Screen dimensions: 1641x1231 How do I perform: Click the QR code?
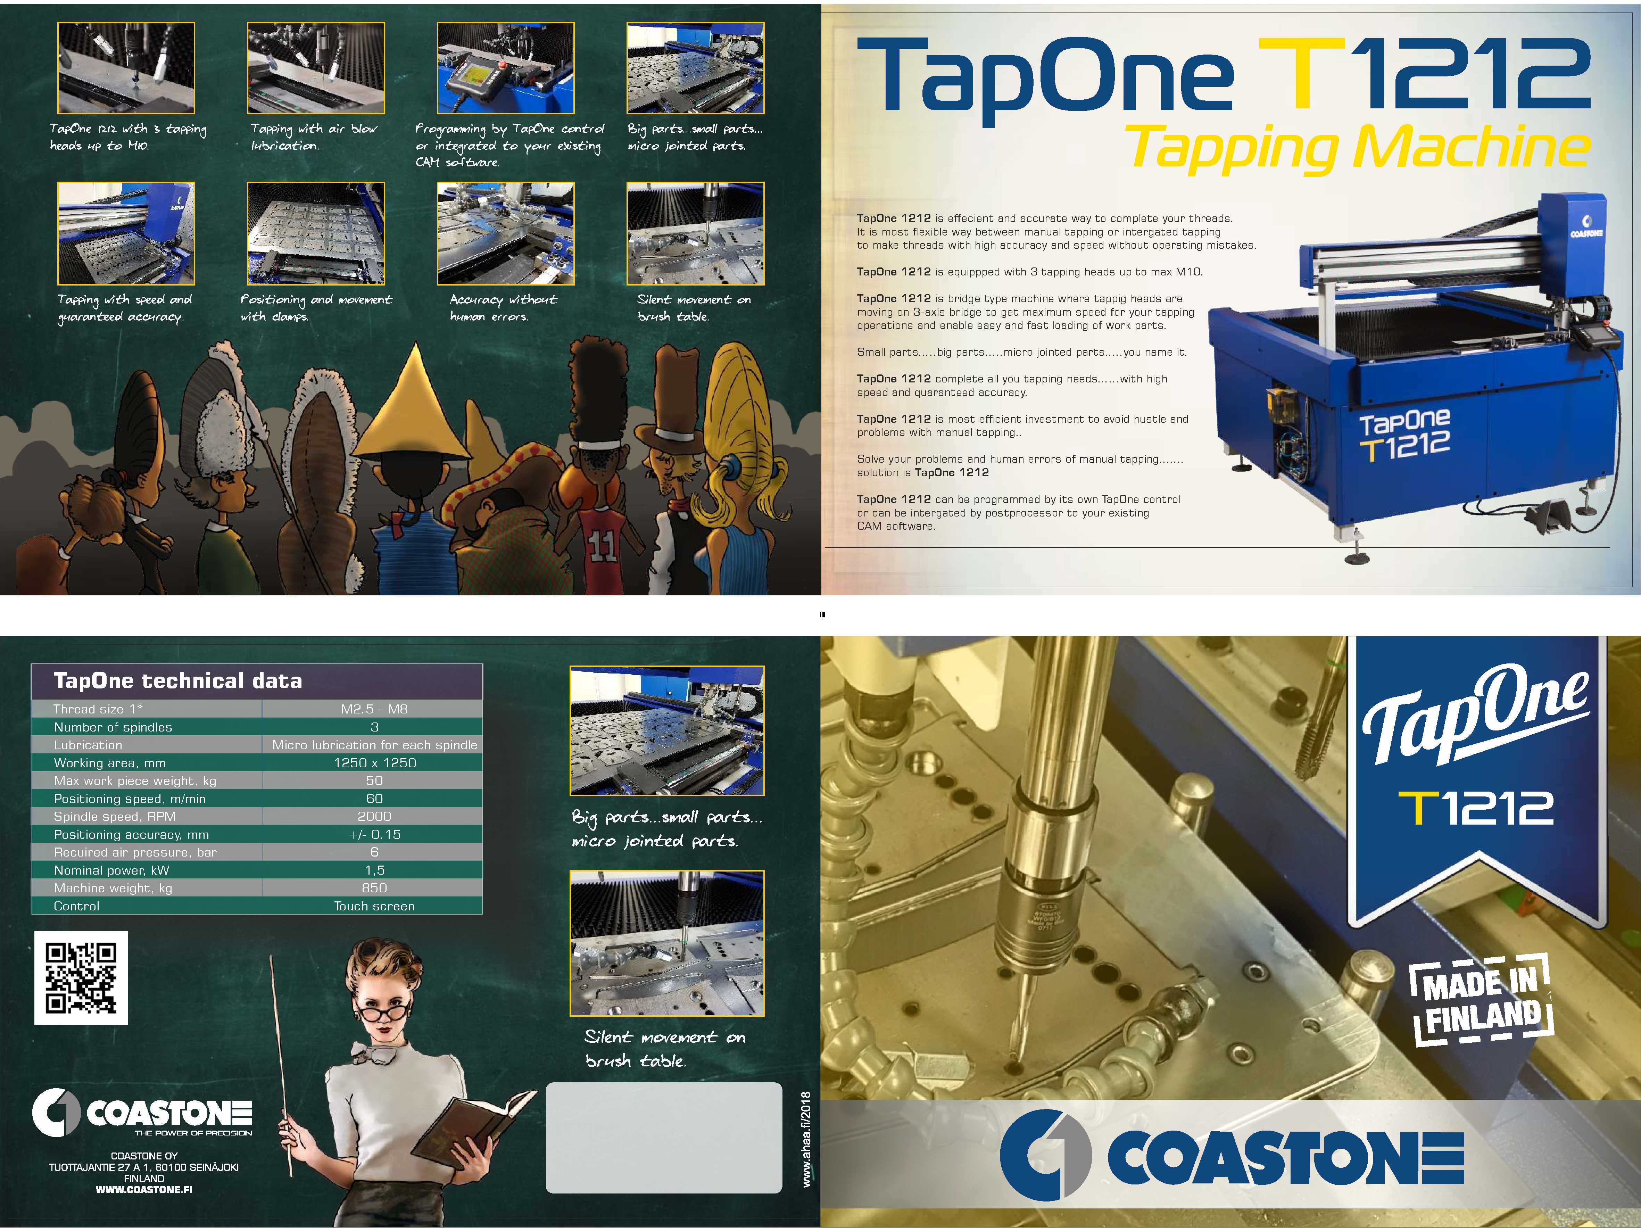click(81, 978)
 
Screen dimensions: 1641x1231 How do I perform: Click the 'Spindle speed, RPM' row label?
click(115, 816)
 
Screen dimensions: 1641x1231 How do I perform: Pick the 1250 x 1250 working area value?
click(375, 763)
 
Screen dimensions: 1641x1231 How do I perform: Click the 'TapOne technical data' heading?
click(178, 680)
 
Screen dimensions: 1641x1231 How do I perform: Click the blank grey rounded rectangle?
click(664, 1138)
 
